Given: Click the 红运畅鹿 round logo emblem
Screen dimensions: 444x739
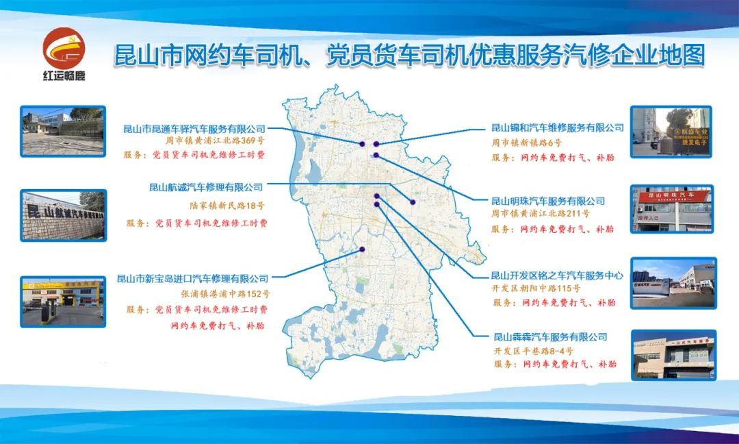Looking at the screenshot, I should (x=64, y=48).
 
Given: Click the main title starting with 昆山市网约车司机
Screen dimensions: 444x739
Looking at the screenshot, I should (x=409, y=56).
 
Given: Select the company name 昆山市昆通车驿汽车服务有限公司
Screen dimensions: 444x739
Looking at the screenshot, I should (x=194, y=128).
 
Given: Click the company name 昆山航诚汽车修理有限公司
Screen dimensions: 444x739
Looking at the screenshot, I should (x=205, y=186).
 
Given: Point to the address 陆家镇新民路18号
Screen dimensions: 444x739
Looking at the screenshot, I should (x=226, y=205).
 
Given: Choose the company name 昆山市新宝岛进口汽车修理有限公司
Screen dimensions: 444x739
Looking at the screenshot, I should (x=192, y=278).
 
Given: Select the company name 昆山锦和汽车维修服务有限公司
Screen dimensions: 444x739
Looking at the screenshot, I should (x=558, y=127).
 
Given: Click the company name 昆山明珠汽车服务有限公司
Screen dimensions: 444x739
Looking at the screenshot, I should (x=548, y=201).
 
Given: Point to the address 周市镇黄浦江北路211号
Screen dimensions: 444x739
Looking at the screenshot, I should (x=540, y=214).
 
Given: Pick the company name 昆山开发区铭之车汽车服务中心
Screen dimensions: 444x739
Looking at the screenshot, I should (x=557, y=275).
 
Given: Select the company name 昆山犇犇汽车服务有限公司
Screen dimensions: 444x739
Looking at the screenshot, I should (x=550, y=336).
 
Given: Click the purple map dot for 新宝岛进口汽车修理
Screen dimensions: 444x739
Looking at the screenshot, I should (x=362, y=249).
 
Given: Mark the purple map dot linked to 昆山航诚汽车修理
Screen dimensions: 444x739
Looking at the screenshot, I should (x=413, y=201).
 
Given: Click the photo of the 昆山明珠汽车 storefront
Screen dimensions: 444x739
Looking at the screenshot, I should (x=672, y=208).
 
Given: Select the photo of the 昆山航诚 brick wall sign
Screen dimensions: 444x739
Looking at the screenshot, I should (x=63, y=215).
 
